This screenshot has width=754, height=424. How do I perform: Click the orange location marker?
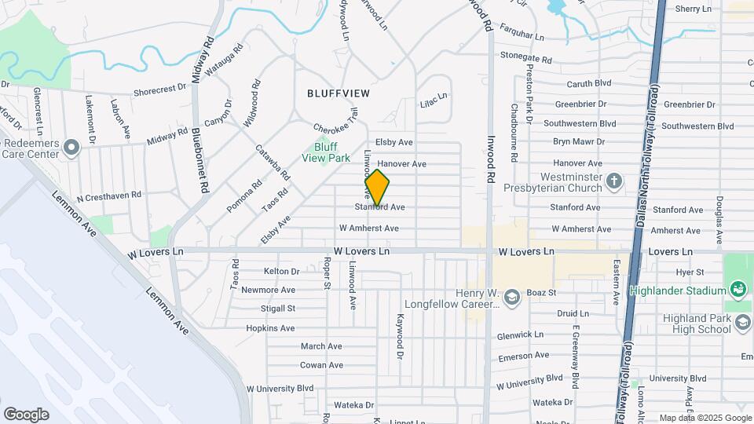coord(377,188)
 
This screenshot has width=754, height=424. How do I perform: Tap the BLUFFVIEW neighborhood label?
coord(338,93)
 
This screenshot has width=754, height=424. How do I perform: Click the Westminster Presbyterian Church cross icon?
coord(614,181)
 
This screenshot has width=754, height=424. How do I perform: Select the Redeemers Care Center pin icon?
coord(71,148)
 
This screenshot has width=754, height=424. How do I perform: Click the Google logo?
coord(26,415)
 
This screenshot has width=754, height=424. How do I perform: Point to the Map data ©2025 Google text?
coord(705,418)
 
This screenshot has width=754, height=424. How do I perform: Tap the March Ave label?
coord(321,346)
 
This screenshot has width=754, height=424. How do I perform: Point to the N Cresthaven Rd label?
coord(108,195)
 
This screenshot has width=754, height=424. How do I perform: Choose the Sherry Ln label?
coord(693,9)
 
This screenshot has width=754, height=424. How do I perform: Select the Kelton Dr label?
coord(282,272)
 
